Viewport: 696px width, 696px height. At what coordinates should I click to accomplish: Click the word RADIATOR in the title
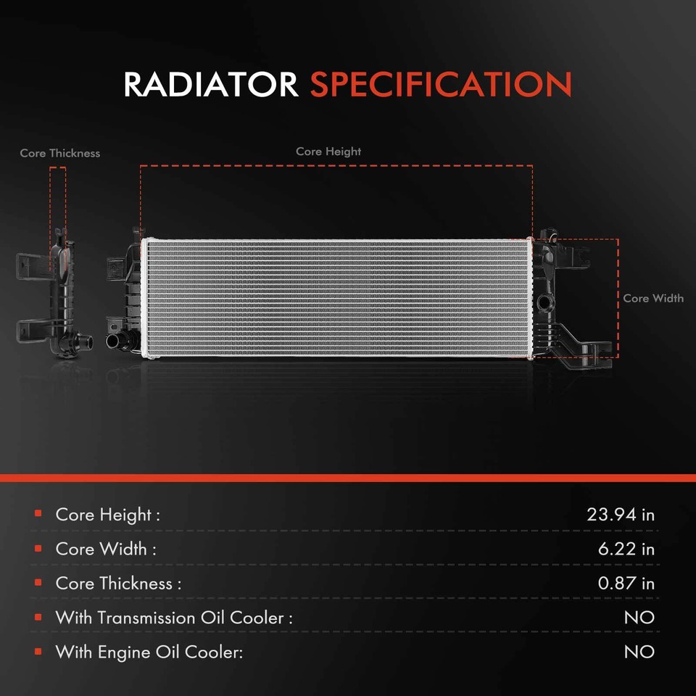pos(210,85)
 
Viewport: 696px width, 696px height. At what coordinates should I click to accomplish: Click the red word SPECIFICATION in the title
pos(441,85)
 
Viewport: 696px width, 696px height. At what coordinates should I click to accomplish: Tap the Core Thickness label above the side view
pos(60,153)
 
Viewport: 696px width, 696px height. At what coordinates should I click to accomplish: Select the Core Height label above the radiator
pos(328,152)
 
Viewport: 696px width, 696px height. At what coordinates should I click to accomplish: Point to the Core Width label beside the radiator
pos(652,298)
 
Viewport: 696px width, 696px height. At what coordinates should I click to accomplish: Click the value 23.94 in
pos(620,515)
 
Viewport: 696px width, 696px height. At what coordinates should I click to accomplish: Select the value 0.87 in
pos(626,583)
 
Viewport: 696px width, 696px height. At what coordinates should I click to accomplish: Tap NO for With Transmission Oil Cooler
pos(639,618)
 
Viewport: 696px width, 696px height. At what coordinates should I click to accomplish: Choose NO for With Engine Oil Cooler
pos(639,652)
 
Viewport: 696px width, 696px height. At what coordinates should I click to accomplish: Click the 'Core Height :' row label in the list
pos(107,515)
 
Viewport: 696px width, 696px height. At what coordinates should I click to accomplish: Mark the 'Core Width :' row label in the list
pos(106,549)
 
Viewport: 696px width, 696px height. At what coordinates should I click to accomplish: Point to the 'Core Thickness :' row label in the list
pos(118,583)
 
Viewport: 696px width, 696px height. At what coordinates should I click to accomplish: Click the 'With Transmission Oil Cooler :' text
pos(174,618)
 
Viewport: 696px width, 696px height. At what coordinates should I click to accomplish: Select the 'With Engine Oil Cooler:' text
pos(149,652)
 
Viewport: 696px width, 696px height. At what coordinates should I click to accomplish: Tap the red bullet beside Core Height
pos(38,514)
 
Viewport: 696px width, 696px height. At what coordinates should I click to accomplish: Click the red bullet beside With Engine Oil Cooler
pos(38,651)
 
